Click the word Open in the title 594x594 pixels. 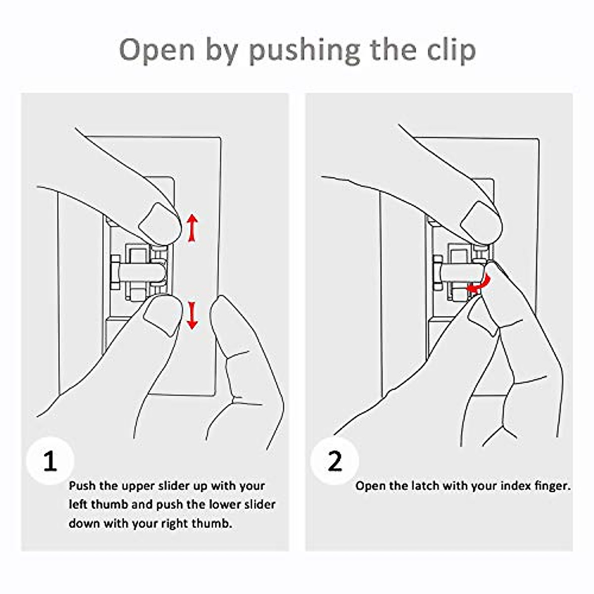tap(157, 50)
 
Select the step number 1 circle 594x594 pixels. tap(50, 462)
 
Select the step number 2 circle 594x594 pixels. tap(335, 462)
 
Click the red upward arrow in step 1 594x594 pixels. tap(192, 228)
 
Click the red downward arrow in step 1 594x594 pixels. tap(192, 316)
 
